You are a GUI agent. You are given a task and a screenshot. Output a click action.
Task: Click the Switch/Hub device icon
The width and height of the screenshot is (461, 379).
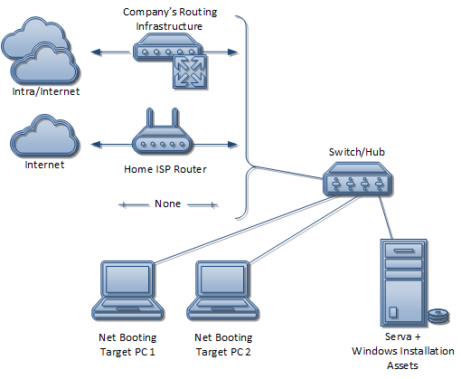(358, 179)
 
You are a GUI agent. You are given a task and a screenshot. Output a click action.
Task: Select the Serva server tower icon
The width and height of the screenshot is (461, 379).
(404, 282)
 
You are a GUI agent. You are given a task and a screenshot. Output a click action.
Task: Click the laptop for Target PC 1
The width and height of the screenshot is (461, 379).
(127, 291)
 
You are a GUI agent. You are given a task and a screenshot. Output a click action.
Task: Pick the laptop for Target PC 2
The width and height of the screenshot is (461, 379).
(223, 291)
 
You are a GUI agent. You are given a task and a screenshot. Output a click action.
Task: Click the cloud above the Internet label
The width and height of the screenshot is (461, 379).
(44, 136)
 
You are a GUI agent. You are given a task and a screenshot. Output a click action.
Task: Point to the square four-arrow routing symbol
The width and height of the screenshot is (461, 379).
(190, 71)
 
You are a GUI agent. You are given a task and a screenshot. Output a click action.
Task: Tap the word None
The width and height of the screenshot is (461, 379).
(167, 204)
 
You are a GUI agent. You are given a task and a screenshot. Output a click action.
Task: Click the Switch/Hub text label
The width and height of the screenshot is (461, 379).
(357, 152)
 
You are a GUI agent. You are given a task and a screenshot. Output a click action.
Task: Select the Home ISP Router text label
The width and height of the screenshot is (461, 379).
(165, 169)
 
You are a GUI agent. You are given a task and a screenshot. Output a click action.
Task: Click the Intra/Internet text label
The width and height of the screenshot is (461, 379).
(46, 91)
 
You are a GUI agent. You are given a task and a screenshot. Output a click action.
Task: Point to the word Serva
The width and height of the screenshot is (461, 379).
(399, 336)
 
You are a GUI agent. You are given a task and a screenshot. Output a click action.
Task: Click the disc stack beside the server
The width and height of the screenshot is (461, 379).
(438, 317)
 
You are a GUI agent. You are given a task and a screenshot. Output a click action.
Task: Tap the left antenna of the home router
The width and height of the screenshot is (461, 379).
(150, 118)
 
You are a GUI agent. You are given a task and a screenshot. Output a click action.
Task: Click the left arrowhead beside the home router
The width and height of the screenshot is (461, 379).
(96, 145)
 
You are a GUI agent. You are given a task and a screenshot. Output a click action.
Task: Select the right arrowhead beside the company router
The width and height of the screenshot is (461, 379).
(232, 52)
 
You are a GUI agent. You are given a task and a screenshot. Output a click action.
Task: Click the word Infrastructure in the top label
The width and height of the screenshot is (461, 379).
(169, 26)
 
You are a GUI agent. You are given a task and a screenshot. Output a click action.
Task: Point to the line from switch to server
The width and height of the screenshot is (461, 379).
(385, 217)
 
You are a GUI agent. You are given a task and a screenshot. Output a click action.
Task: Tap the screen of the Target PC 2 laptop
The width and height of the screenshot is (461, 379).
(222, 280)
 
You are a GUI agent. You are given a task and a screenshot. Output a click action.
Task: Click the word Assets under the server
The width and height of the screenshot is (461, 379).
(402, 365)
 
